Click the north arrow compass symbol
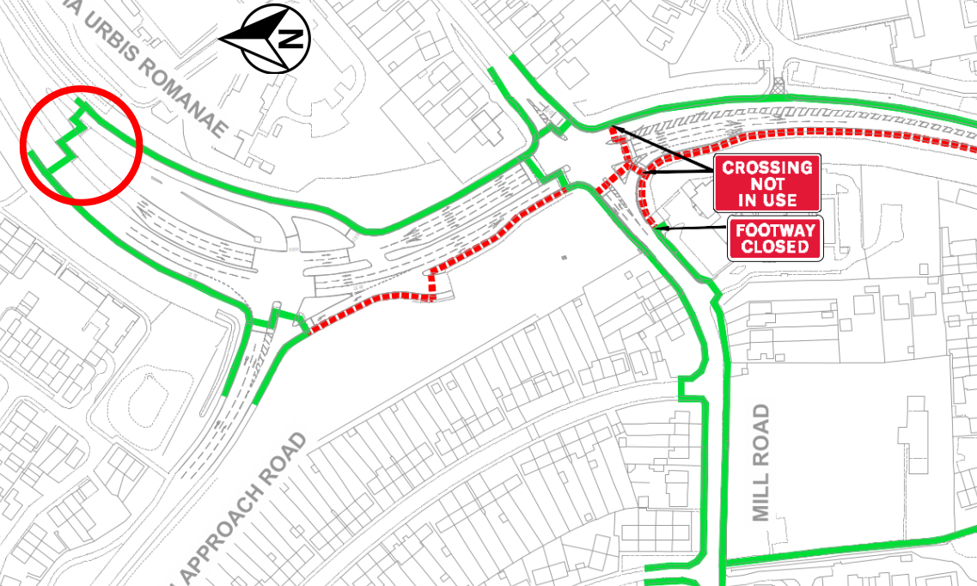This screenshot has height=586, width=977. (x=274, y=39)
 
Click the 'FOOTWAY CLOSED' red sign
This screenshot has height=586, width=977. (x=776, y=238)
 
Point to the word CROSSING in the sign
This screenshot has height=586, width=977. (x=767, y=168)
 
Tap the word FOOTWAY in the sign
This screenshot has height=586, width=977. (x=776, y=230)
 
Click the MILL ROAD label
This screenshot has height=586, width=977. (x=761, y=462)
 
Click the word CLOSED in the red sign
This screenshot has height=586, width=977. (x=776, y=247)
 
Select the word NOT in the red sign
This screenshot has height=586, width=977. (x=767, y=184)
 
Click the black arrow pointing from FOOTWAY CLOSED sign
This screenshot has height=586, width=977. (x=691, y=229)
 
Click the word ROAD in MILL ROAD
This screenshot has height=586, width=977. (x=761, y=435)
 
